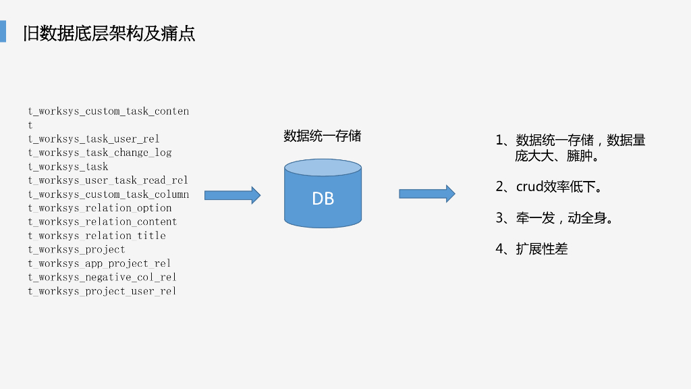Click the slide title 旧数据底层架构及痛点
[x=109, y=33]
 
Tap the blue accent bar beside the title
[x=3, y=31]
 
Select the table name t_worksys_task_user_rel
[x=94, y=139]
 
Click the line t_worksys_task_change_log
[x=100, y=153]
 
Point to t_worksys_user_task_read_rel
[x=108, y=180]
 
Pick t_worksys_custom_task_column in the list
[x=109, y=194]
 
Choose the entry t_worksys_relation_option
[x=100, y=208]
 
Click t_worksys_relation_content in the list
[x=103, y=222]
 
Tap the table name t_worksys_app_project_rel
[x=99, y=263]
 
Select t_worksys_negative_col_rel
[x=102, y=277]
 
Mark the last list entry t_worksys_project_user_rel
[x=102, y=291]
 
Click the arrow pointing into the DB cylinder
[x=232, y=195]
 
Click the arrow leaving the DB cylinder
[x=426, y=194]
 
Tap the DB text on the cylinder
[x=323, y=199]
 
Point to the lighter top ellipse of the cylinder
[x=323, y=167]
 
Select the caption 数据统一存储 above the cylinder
[x=322, y=136]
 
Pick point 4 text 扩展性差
[x=542, y=249]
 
